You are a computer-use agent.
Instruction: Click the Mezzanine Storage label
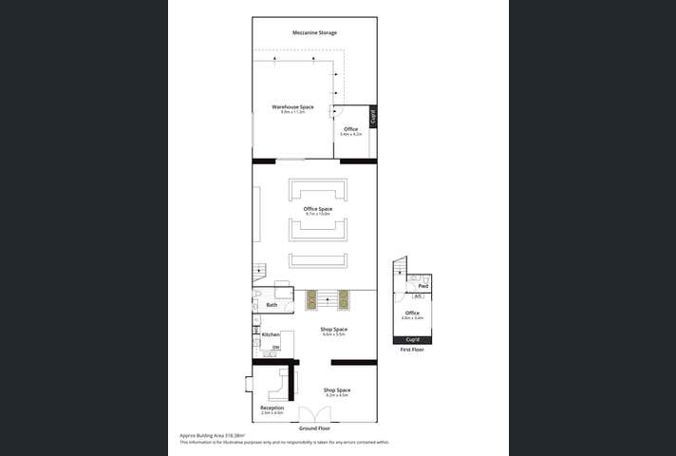tap(314, 33)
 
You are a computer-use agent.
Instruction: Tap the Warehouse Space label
tap(292, 107)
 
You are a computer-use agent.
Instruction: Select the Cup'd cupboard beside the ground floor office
tap(373, 117)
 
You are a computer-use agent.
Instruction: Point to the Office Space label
tap(318, 209)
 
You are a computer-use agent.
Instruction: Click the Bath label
tap(272, 305)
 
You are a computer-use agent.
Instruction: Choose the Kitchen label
tap(271, 334)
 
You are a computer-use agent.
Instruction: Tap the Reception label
tap(272, 408)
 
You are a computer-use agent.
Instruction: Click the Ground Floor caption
tap(314, 428)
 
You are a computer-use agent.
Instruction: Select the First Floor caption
tap(412, 350)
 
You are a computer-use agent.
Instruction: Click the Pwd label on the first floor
tap(422, 286)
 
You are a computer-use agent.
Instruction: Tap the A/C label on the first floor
tap(419, 296)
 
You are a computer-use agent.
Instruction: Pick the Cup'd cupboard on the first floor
tap(412, 339)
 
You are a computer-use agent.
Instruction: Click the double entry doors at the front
tap(314, 415)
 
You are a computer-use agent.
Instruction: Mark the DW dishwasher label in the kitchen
tap(275, 349)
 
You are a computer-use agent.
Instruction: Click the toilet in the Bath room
tap(259, 303)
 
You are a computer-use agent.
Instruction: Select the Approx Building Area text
tap(206, 435)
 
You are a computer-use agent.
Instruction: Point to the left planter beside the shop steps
tap(310, 300)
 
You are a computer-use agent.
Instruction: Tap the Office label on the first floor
tap(412, 313)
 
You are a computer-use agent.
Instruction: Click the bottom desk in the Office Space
tap(318, 260)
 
